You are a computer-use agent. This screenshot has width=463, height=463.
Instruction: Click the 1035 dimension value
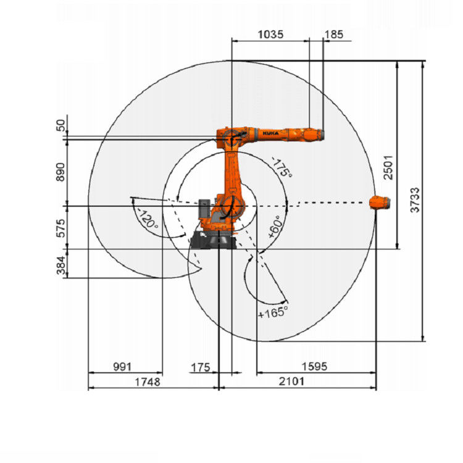click(270, 34)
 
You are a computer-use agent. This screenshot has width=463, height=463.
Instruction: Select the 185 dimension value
click(333, 34)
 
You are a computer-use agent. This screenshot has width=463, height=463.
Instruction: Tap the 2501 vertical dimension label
click(388, 167)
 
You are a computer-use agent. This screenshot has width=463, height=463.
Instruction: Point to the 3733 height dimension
click(415, 199)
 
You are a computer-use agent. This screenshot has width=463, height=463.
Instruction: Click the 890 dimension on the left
click(60, 172)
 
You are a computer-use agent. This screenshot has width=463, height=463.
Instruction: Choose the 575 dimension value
click(60, 228)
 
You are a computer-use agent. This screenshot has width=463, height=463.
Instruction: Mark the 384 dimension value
click(60, 265)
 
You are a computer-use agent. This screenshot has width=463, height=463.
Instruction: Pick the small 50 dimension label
click(60, 125)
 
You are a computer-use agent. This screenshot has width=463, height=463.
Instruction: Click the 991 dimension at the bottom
click(122, 367)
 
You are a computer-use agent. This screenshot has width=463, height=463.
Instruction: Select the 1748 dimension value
click(148, 382)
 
